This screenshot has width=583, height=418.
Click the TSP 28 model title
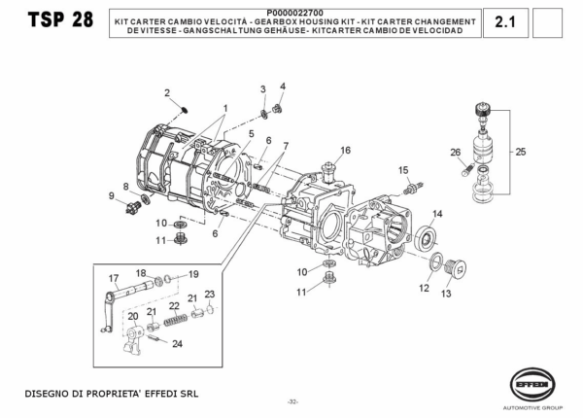coord(60,19)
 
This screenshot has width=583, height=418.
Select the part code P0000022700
coord(294,14)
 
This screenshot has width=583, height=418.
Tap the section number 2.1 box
coord(505,22)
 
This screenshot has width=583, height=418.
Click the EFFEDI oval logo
coord(532,385)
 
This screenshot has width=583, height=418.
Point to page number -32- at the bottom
coord(293,401)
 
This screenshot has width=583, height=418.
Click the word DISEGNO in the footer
coord(41,394)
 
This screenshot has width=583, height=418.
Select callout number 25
coord(521,152)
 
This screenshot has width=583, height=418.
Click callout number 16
coord(345,151)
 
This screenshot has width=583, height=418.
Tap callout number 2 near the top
coord(167,92)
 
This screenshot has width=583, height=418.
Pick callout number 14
coord(437,214)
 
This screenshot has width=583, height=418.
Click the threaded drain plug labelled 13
coord(456,268)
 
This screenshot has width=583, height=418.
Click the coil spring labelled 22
coord(176,320)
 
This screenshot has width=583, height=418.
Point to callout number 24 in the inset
coord(178,344)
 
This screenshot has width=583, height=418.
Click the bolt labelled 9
coord(133,207)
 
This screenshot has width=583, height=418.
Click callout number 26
coord(456,153)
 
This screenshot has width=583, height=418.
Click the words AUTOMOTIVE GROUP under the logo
coord(532,408)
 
